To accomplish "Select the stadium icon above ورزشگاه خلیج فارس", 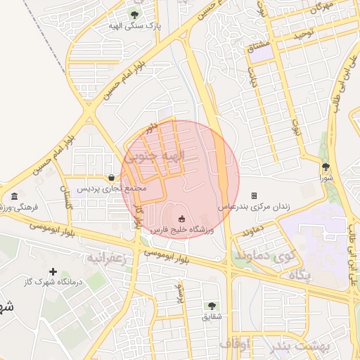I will [182, 218].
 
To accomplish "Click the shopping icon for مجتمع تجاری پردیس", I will [111, 177].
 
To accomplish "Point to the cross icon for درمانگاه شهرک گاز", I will [53, 271].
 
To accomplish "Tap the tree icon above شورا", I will [326, 167].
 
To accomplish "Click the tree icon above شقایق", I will [211, 306].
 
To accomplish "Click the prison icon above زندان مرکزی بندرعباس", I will [255, 195].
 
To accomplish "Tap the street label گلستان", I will [67, 197].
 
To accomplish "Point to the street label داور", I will [149, 127].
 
